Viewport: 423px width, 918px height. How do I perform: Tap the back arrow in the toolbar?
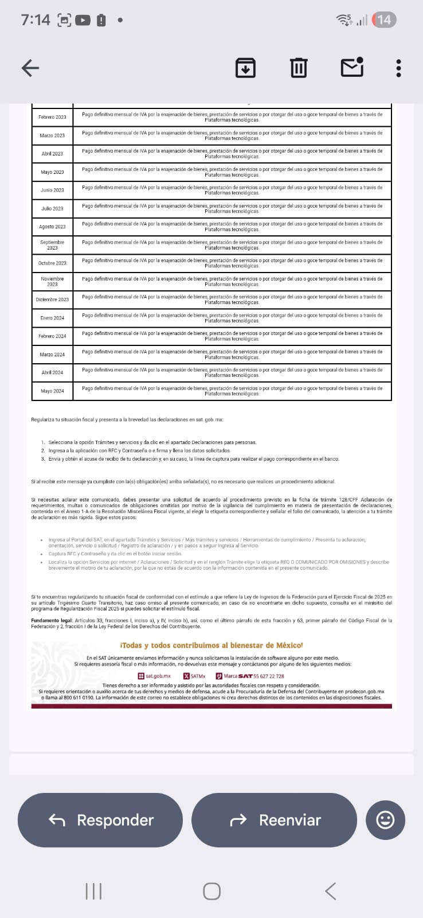pyautogui.click(x=30, y=68)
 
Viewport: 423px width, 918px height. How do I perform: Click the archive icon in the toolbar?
pyautogui.click(x=245, y=68)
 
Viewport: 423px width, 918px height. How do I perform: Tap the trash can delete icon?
pyautogui.click(x=298, y=68)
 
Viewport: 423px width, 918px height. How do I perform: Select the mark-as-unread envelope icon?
pyautogui.click(x=352, y=67)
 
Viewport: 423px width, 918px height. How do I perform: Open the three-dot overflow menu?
pyautogui.click(x=398, y=68)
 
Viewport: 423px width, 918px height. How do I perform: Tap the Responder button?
pyautogui.click(x=100, y=820)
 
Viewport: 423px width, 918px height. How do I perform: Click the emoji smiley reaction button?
pyautogui.click(x=385, y=820)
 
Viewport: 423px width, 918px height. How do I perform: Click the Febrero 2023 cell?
pyautogui.click(x=52, y=117)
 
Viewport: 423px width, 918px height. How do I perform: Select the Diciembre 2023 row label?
pyautogui.click(x=52, y=299)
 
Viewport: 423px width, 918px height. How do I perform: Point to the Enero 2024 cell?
pyautogui.click(x=52, y=318)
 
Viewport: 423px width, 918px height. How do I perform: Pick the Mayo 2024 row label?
pyautogui.click(x=52, y=391)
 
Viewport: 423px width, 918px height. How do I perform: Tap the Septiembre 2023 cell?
pyautogui.click(x=52, y=245)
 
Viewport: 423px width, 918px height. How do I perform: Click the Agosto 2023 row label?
pyautogui.click(x=52, y=227)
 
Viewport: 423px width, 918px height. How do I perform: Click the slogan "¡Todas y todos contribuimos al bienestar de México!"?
pyautogui.click(x=211, y=645)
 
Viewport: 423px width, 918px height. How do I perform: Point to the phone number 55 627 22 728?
pyautogui.click(x=269, y=676)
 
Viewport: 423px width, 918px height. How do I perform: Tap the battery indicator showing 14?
pyautogui.click(x=384, y=20)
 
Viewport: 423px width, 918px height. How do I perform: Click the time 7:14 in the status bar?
pyautogui.click(x=36, y=20)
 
